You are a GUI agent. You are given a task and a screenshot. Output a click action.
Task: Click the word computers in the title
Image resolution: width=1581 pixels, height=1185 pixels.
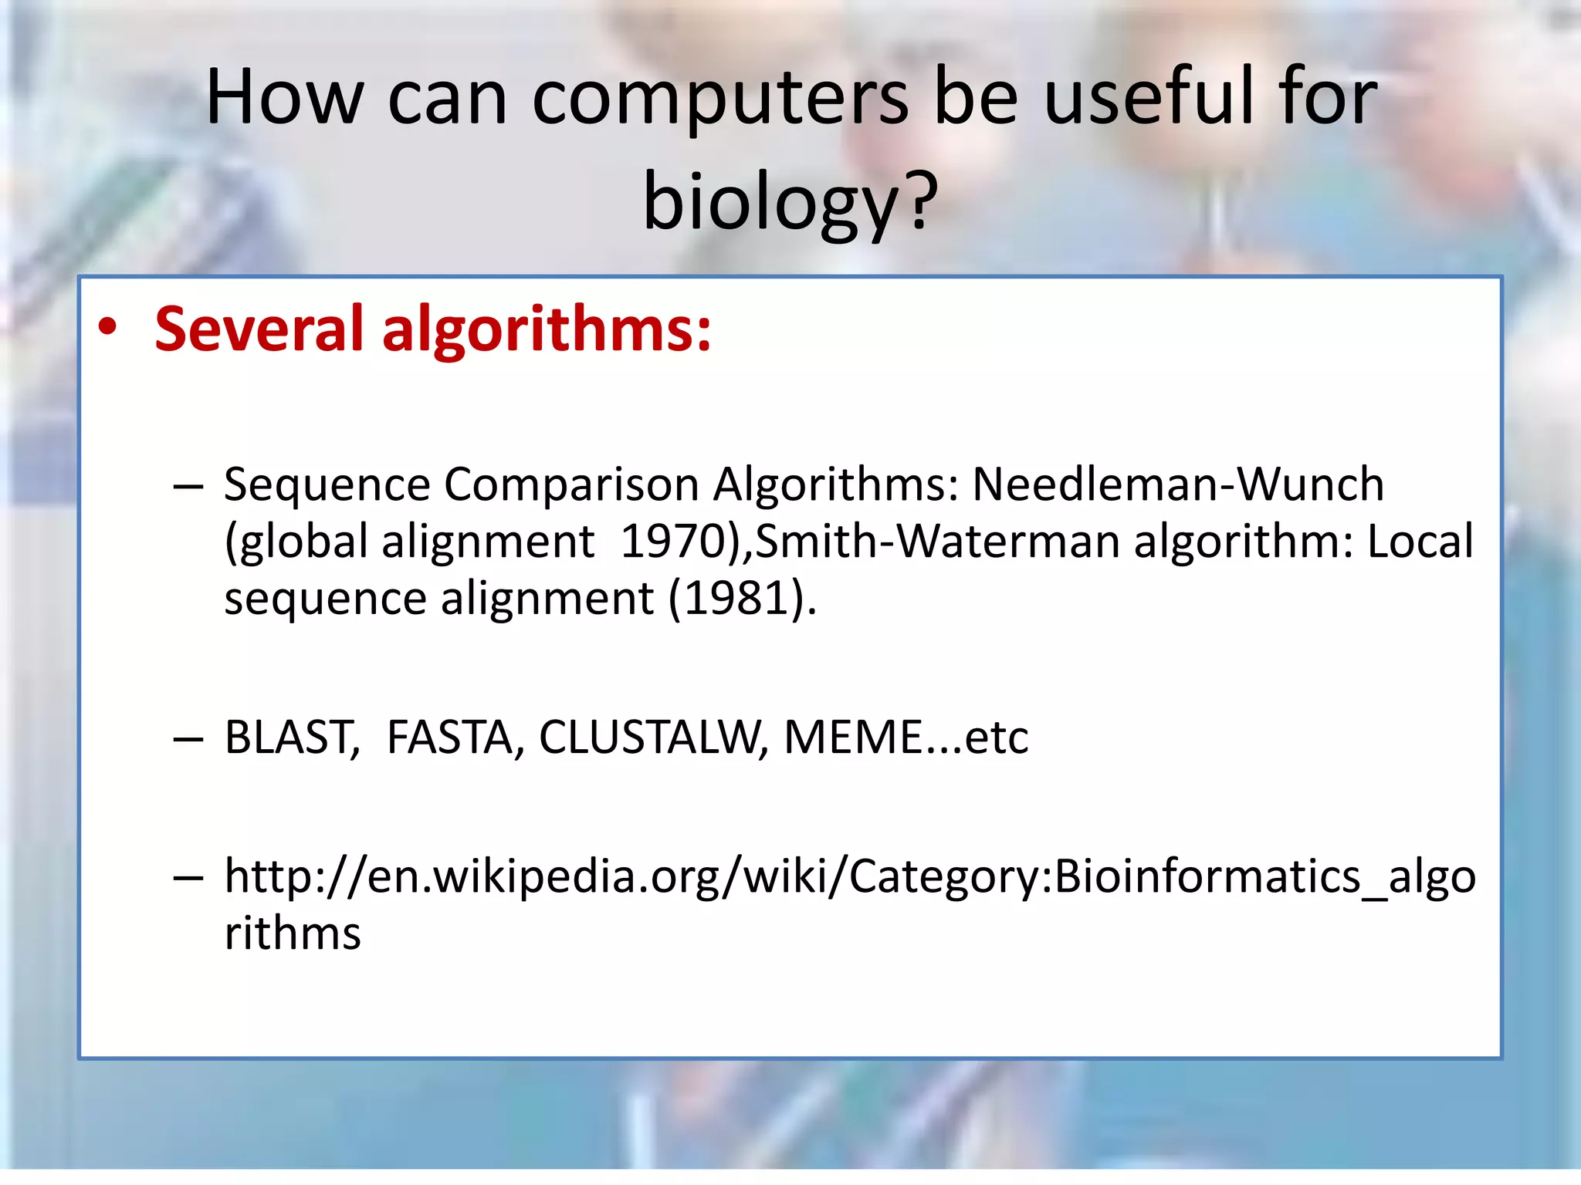[x=720, y=97]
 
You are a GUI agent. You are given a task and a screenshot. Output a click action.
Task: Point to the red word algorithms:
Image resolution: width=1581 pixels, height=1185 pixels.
[x=547, y=329]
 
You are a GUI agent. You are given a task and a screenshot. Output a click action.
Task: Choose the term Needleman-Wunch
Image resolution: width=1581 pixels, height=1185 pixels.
[x=1178, y=484]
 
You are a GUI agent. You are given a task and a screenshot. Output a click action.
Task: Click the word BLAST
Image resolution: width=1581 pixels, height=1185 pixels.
[x=291, y=737]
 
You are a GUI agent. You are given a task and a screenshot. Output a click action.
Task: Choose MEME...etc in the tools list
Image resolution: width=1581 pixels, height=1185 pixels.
[x=906, y=737]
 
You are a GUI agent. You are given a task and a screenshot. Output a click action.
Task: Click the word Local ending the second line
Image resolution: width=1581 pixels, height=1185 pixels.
[x=1420, y=542]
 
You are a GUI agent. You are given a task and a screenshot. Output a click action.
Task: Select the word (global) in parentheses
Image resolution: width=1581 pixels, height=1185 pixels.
[x=296, y=542]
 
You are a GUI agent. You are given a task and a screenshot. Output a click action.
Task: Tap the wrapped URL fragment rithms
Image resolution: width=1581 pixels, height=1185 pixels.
[x=293, y=933]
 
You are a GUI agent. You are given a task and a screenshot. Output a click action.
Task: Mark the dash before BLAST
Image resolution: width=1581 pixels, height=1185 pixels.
[x=188, y=739]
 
